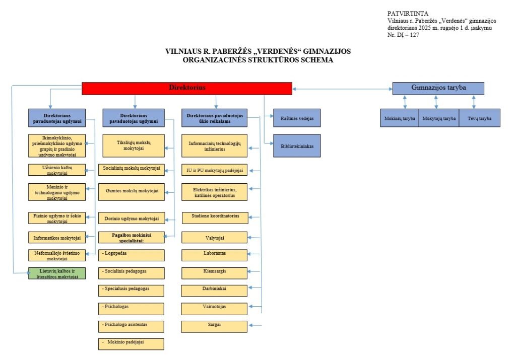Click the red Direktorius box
pos(187,88)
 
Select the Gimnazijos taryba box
pos(438,88)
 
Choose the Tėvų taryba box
pos(479,118)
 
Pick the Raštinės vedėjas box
pos(297,118)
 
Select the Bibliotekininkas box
pos(297,146)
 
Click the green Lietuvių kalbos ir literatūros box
pos(56,273)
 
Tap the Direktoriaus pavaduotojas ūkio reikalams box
pos(215,118)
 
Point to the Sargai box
pos(215,326)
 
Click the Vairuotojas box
pos(215,307)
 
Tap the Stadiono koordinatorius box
pos(215,217)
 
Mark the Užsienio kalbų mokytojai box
pos(56,169)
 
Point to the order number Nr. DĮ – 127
pos(404,35)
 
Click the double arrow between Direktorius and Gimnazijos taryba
pos(342,89)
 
